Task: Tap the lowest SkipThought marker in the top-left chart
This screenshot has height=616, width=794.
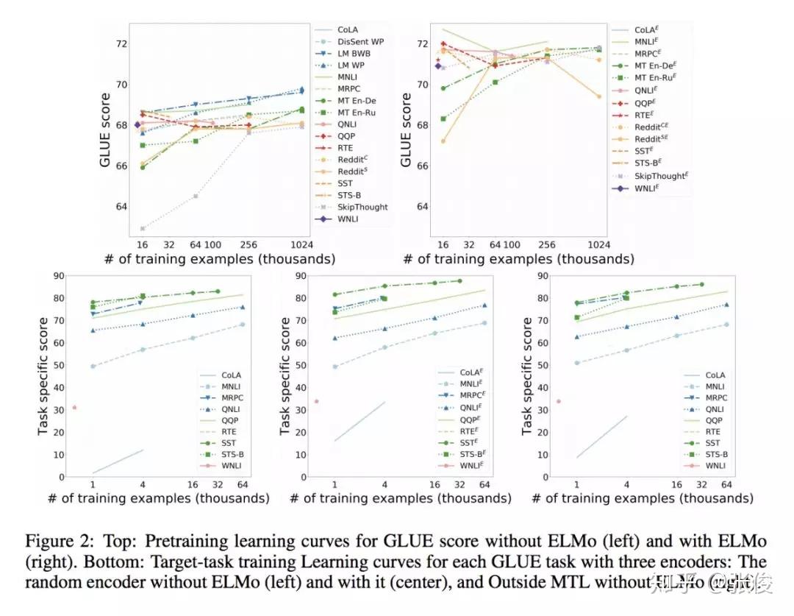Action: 142,229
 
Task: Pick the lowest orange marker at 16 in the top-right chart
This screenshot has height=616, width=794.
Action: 442,141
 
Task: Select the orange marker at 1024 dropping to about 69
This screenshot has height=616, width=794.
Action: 598,96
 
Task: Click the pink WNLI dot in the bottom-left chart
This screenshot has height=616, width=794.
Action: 74,407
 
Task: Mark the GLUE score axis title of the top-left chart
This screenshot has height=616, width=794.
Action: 106,130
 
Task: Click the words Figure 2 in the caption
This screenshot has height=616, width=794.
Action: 54,541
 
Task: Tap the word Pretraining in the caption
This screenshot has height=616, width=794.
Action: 160,541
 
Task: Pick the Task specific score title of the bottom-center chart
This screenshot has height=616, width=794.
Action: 285,376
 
